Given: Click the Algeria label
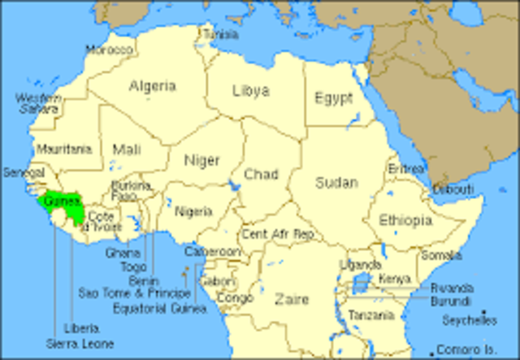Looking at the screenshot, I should (152, 85).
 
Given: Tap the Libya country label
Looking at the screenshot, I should (251, 89).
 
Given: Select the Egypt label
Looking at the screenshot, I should (334, 98).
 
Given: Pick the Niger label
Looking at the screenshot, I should (201, 159).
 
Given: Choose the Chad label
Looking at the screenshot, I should (261, 174).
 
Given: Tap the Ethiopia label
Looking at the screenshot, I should (405, 220).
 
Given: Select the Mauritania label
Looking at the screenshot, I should (63, 150).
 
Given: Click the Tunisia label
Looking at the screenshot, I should (220, 35).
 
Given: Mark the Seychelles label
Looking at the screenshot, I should (470, 321).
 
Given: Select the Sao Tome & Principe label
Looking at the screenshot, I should (135, 293).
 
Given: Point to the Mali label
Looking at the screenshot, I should (127, 150).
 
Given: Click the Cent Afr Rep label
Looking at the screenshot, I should (278, 233).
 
